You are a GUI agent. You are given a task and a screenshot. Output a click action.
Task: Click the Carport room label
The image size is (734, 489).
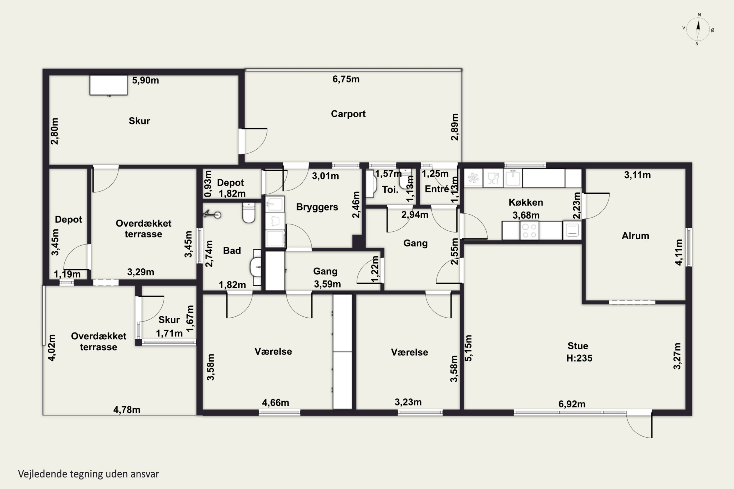tap(348, 114)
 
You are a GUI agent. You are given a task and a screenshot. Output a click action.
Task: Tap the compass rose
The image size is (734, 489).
tap(698, 29)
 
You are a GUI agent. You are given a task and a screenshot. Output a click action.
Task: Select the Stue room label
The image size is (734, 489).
tap(578, 346)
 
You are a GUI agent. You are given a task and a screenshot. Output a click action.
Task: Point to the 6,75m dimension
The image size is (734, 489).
tap(346, 79)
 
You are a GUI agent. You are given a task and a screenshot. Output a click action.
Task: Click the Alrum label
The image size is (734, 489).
tap(635, 236)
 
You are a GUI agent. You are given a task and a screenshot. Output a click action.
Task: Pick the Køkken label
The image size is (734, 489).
tap(526, 202)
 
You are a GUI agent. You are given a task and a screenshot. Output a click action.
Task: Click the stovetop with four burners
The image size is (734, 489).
tap(529, 231)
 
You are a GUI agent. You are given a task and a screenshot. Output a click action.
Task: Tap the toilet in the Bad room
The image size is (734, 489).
tap(249, 212)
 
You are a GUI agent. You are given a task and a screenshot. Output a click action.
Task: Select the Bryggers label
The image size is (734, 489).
tap(317, 207)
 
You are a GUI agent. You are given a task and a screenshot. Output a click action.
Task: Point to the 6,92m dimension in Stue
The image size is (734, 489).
tap(572, 404)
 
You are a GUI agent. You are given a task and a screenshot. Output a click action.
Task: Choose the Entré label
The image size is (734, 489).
tap(436, 189)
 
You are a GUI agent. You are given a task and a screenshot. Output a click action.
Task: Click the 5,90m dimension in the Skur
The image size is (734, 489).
tap(145, 80)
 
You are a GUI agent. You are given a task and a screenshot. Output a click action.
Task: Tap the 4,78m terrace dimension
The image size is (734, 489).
tap(127, 410)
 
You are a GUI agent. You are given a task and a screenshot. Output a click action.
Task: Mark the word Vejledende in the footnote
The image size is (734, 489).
tap(43, 474)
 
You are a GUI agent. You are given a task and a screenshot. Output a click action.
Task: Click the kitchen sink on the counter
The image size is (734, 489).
tap(513, 178)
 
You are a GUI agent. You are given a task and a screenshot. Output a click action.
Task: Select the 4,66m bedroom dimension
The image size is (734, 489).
tap(275, 403)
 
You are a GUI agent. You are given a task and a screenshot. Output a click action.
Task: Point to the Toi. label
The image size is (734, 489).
tap(390, 190)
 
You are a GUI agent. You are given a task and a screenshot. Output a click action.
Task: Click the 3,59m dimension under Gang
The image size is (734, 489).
tap(327, 284)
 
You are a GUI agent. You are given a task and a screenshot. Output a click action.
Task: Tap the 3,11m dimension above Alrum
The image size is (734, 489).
tap(637, 175)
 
